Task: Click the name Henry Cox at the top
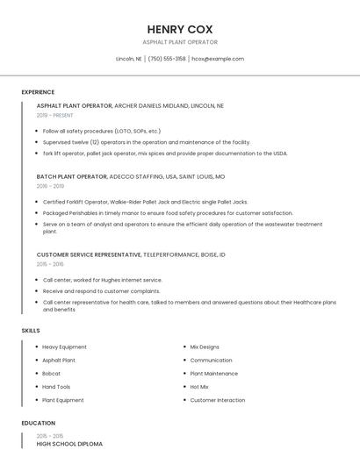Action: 180,29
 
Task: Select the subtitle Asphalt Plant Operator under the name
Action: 180,42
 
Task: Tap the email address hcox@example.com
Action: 218,59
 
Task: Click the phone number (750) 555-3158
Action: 167,59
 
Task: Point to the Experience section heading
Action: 38,92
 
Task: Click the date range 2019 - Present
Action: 55,115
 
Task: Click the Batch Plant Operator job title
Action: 72,176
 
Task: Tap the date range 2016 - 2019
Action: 50,186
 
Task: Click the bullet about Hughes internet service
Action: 103,280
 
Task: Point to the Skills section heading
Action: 31,330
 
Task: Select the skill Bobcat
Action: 52,373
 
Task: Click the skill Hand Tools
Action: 56,386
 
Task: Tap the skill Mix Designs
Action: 205,347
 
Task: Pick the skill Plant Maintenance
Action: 213,373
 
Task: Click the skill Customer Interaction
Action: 218,400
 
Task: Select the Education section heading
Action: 37,423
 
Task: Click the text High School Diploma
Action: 69,444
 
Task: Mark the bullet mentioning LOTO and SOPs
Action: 101,131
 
